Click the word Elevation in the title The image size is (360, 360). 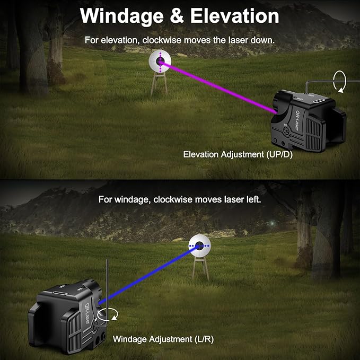click(235, 16)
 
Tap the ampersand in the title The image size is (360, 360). click(177, 16)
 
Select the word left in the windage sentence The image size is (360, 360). click(254, 199)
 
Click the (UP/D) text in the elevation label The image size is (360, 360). click(279, 154)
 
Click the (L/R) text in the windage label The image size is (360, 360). click(204, 339)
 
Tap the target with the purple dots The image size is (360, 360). click(160, 61)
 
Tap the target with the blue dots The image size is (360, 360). click(199, 245)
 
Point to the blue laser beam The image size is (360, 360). click(149, 275)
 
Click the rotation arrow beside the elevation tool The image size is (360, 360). click(340, 82)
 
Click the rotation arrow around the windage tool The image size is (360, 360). click(108, 314)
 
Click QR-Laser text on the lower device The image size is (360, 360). click(87, 313)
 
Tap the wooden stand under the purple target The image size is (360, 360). click(159, 84)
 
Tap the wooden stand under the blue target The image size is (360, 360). click(200, 269)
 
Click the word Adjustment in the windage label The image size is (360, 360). click(170, 339)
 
